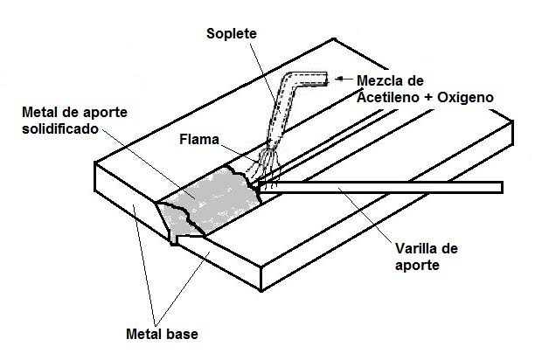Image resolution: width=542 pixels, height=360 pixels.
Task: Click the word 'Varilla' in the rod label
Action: [407, 248]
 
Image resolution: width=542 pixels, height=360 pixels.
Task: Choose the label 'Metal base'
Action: [163, 334]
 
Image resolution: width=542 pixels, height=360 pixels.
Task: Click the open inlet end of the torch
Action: [324, 80]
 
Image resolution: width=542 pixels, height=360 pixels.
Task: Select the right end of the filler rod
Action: [500, 187]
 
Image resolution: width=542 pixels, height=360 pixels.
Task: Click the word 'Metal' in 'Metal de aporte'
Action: [38, 114]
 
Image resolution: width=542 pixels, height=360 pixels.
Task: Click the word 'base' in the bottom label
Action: [184, 334]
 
